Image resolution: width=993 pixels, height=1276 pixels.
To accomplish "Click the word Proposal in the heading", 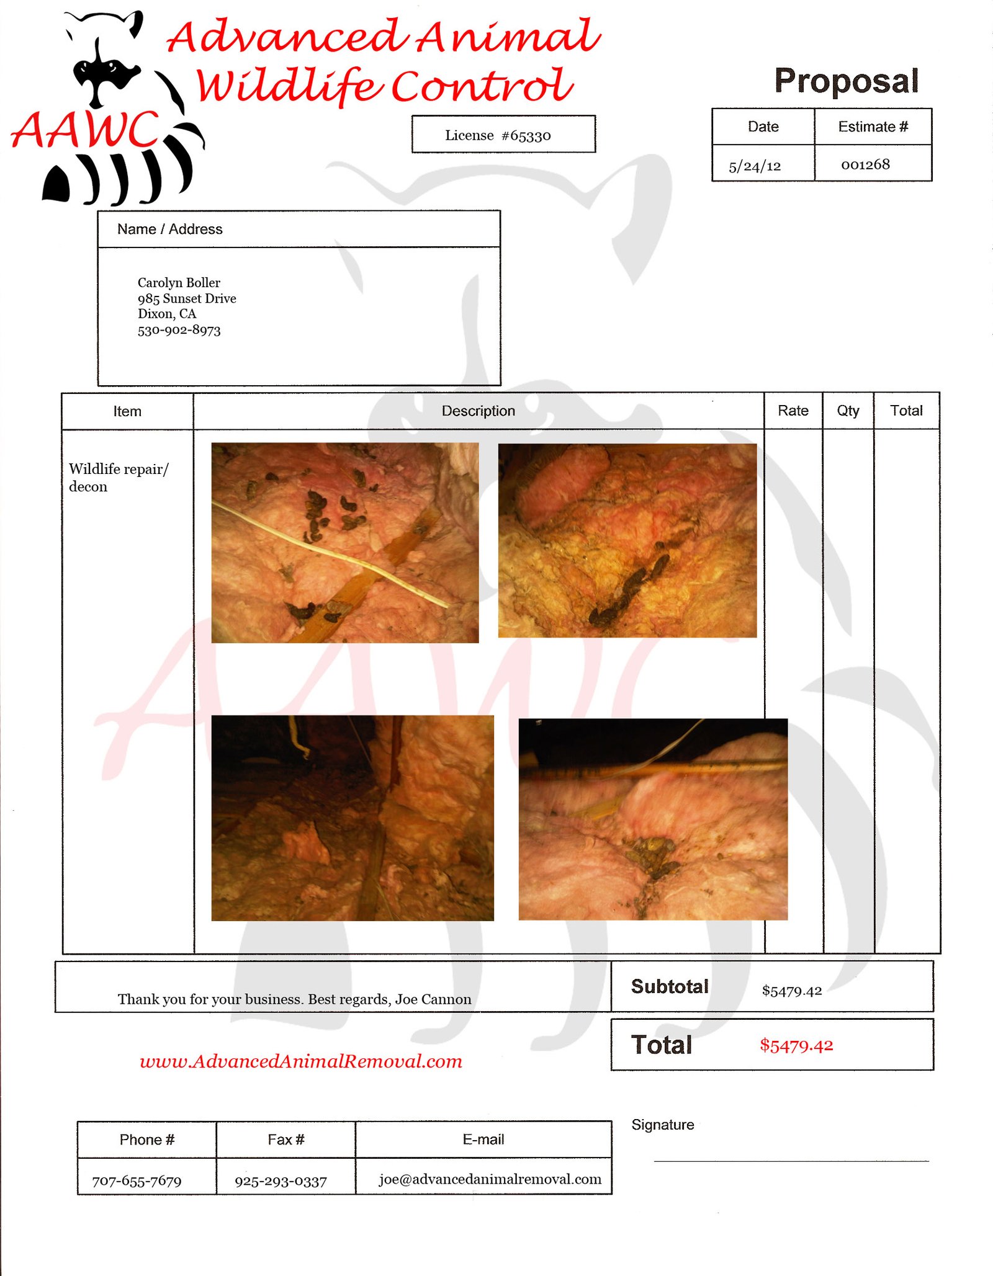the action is [x=846, y=81].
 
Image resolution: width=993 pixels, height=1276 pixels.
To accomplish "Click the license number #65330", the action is [x=526, y=136].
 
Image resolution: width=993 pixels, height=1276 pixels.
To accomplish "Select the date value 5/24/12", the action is [x=755, y=166].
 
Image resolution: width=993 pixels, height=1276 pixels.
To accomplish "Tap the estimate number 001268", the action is [x=865, y=164].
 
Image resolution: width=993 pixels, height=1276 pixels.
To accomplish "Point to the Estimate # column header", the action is [x=873, y=127].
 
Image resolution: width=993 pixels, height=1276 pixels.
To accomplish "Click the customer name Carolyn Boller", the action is [x=179, y=283].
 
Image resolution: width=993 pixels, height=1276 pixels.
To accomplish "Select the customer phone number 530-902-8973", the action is [x=179, y=330].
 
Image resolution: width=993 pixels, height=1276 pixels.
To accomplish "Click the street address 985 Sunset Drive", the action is [x=187, y=298].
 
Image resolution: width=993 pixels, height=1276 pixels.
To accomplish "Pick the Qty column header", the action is [x=848, y=411].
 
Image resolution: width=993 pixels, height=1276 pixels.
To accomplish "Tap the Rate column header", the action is [x=793, y=411].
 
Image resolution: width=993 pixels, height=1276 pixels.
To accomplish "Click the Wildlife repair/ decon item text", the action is [x=119, y=478].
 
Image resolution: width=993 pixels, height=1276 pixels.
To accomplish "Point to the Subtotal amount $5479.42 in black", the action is [x=791, y=991].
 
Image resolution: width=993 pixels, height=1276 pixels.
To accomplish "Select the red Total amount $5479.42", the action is [x=796, y=1046].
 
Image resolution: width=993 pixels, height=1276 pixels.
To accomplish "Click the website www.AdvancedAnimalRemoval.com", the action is [x=301, y=1061].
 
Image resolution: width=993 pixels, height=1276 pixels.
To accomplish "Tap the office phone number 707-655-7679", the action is [x=137, y=1181].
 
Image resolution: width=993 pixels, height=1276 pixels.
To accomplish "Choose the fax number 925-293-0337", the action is [x=281, y=1181].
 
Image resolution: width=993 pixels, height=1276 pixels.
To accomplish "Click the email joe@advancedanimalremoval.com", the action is [x=490, y=1179].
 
